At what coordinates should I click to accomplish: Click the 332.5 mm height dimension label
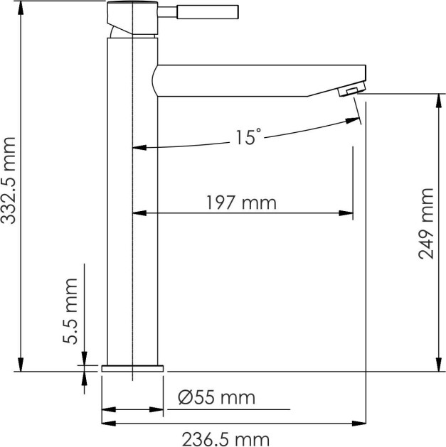pyautogui.click(x=8, y=181)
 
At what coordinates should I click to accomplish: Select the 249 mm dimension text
pyautogui.click(x=426, y=224)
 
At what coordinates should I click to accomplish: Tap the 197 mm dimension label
pyautogui.click(x=241, y=203)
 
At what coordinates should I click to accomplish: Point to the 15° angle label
pyautogui.click(x=248, y=137)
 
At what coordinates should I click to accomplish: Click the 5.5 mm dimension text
pyautogui.click(x=70, y=311)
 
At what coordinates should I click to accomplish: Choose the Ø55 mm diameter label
pyautogui.click(x=216, y=397)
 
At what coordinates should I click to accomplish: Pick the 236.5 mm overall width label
pyautogui.click(x=225, y=439)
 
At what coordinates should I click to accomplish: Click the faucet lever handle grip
pyautogui.click(x=208, y=12)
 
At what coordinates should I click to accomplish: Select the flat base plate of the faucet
pyautogui.click(x=132, y=368)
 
